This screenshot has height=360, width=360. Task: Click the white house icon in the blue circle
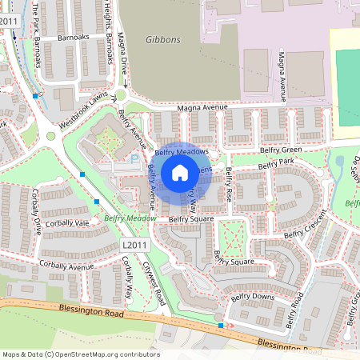(180, 172)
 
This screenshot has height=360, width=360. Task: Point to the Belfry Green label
(280, 150)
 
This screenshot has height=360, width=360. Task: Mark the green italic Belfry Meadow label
(130, 218)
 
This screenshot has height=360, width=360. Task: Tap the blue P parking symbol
(133, 159)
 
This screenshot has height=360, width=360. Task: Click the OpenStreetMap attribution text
(81, 354)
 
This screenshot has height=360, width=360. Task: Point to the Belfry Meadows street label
(182, 151)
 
